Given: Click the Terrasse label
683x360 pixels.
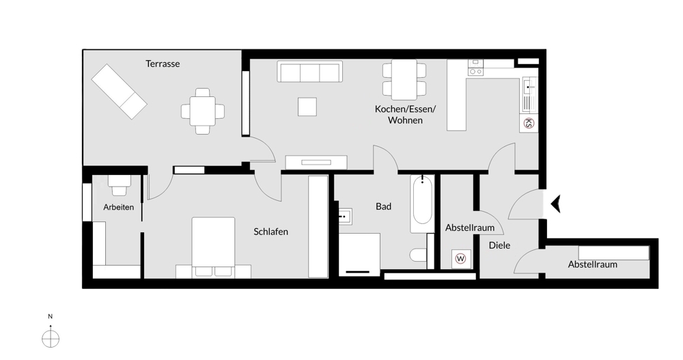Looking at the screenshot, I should [x=163, y=64].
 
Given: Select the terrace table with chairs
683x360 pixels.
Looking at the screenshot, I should [x=202, y=111].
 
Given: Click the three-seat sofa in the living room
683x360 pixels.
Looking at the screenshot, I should [x=309, y=72].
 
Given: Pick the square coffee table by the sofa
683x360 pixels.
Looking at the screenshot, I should [x=307, y=107].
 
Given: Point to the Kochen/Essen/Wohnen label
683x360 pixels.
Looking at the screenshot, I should [x=405, y=114].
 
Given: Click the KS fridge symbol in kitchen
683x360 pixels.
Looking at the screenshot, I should [x=528, y=123].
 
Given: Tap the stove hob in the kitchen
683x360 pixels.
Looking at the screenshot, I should [x=475, y=68].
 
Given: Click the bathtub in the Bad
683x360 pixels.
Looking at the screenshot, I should [x=422, y=204].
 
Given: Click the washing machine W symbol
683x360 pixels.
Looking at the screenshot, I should [x=460, y=259].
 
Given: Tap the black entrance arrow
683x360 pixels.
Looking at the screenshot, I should [x=555, y=204].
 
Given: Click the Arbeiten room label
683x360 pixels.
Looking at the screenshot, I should [x=119, y=207].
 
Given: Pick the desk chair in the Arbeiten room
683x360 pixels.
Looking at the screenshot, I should [x=120, y=182].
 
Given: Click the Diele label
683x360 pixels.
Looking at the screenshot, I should [x=499, y=245].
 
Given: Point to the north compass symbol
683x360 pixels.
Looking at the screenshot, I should [x=51, y=337].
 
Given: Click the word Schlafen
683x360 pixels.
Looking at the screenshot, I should [x=270, y=232].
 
